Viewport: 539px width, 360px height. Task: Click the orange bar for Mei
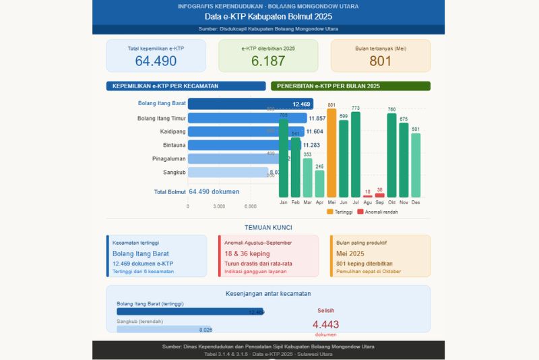pos(331,153)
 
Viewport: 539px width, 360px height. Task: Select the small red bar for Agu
pos(367,196)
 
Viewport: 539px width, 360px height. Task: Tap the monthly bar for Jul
pos(356,155)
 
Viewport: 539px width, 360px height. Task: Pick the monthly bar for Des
pos(416,165)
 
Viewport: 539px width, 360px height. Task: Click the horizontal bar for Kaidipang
pos(246,131)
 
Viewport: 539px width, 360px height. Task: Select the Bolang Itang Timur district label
pos(161,118)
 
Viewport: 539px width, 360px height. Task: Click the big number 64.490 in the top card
pos(156,61)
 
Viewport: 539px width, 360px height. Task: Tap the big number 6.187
pos(268,61)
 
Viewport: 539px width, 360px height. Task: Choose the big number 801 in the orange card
pos(380,61)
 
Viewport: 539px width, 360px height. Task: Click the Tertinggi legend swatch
pos(330,212)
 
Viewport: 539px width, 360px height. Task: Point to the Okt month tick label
pos(391,202)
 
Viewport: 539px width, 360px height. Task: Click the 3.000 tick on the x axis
pos(219,206)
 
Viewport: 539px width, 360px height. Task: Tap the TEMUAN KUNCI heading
pos(268,228)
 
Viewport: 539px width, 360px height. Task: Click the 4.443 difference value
pos(325,324)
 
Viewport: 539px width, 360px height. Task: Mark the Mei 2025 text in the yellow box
pos(351,253)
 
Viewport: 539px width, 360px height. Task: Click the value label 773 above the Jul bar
pos(356,108)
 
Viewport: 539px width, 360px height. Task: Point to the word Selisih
pos(325,310)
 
